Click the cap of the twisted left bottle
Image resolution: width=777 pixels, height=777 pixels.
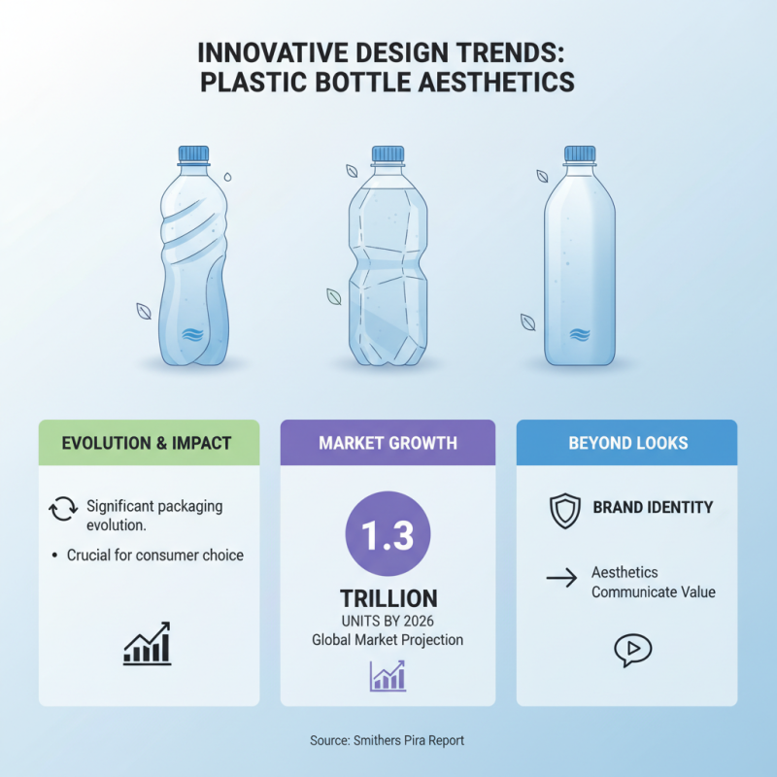pos(193,153)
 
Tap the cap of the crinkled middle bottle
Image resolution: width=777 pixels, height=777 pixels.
pos(388,153)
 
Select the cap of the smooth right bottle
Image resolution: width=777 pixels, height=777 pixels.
pos(580,153)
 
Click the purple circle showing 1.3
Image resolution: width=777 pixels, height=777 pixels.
pos(388,536)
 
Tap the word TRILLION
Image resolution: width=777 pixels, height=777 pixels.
pos(388,598)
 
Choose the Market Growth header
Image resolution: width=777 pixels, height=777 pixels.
pos(388,443)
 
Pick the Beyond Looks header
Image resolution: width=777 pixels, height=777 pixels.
pos(627,443)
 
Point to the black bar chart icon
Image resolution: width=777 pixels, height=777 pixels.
pos(147,644)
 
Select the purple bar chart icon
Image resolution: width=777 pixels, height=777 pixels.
pos(388,675)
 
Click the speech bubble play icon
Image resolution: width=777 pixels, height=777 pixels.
pos(633,649)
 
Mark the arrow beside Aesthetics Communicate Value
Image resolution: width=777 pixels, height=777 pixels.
pos(561,580)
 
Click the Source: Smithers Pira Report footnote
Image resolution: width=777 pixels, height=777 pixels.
pos(388,740)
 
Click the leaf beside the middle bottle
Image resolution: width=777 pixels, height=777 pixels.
pos(333,296)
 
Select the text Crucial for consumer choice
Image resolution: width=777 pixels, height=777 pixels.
pos(155,556)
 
